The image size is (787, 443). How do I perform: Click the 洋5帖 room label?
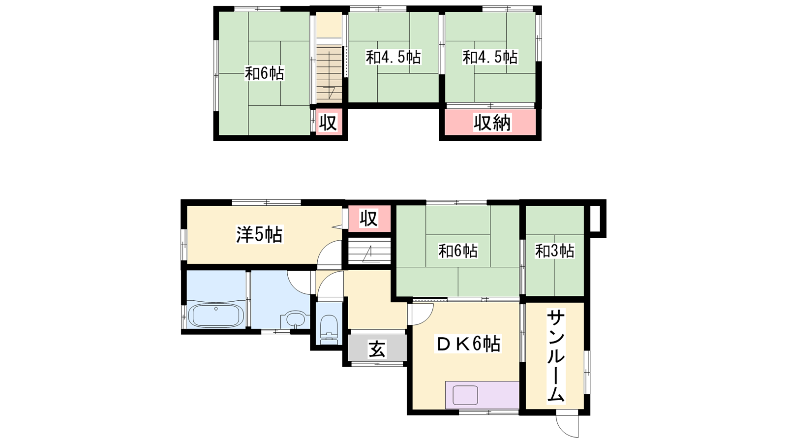(259, 235)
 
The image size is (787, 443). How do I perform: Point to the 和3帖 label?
(555, 251)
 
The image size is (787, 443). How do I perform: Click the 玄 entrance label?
(377, 349)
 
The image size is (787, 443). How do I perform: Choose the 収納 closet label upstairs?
(492, 123)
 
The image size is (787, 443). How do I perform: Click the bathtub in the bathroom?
(216, 316)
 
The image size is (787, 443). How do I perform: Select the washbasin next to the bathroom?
(295, 319)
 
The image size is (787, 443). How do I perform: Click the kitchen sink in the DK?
(465, 395)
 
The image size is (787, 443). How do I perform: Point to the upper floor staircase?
(329, 73)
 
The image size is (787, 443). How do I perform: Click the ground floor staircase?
(369, 251)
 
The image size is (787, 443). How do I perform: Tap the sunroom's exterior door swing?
(567, 426)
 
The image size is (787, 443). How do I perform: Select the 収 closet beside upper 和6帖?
(328, 123)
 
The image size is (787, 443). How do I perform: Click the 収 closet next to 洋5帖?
(369, 219)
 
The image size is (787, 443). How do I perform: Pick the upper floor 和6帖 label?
(265, 73)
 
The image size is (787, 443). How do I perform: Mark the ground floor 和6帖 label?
(458, 251)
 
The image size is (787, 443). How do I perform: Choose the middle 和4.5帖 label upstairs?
(393, 57)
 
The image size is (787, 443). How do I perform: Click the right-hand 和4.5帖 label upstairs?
(490, 57)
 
